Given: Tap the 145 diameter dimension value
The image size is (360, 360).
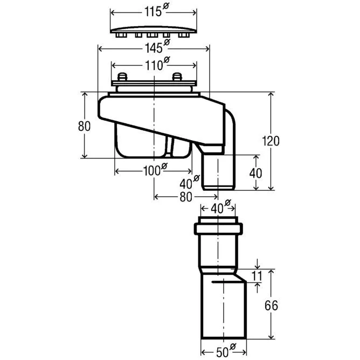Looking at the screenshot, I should click(153, 48).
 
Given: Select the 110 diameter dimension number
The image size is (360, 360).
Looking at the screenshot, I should click(154, 67).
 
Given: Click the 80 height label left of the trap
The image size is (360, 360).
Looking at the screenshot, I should click(84, 127).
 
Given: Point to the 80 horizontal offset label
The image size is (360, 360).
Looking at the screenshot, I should click(186, 197).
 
